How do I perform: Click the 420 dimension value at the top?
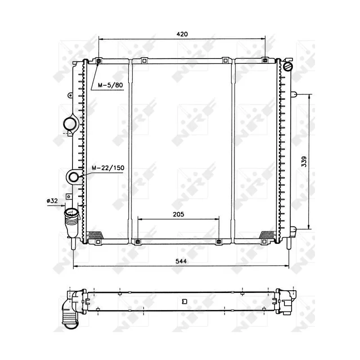coord(181,34)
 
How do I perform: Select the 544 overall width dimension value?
coord(181,261)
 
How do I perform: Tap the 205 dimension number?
coord(179,215)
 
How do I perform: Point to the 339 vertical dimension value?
coord(304,162)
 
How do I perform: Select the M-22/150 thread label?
coord(108,168)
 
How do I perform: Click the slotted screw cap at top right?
coord(288,67)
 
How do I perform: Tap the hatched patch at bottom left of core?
coord(95,234)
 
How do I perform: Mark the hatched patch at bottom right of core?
coord(268,234)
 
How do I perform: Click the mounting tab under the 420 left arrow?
coord(99,61)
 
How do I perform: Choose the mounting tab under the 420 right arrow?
coord(265,60)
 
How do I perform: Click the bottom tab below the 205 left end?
coord(138,242)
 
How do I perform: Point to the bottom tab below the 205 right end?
coord(219,242)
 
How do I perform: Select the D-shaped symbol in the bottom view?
coord(184,301)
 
